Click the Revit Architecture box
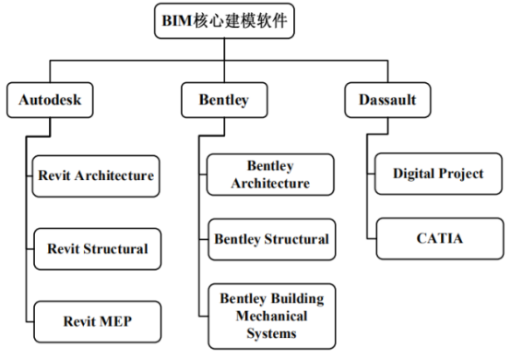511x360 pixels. click(x=96, y=174)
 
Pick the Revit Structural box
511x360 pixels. click(x=97, y=248)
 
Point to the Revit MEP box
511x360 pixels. click(x=97, y=321)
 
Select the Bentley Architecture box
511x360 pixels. click(x=270, y=174)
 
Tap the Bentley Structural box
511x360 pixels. click(x=271, y=239)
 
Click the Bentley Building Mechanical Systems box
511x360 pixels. click(x=270, y=315)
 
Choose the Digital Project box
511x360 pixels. click(x=437, y=174)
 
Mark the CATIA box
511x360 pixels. click(x=437, y=238)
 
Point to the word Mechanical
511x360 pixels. click(x=270, y=315)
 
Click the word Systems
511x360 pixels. click(x=270, y=331)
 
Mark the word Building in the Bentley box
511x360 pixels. click(x=293, y=298)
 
